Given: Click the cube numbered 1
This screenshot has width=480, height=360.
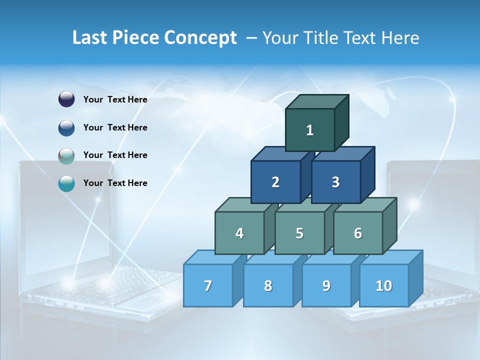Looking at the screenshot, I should [310, 130].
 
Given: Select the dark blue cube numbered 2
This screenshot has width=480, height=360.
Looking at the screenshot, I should [275, 182].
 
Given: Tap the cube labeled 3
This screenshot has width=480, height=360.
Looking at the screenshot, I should [335, 182].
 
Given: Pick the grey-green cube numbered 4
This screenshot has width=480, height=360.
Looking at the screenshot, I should [239, 233].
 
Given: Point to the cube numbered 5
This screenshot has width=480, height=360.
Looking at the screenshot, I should [299, 233].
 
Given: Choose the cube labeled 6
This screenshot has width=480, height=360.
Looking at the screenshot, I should [358, 233].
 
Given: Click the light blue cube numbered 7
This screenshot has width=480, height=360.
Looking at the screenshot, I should [208, 285].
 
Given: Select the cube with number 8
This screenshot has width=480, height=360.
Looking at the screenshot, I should [268, 285].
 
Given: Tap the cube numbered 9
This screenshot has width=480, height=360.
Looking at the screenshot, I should [326, 285].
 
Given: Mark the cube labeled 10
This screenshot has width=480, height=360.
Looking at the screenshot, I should [383, 285].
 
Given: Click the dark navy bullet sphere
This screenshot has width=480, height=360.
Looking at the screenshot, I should [66, 99].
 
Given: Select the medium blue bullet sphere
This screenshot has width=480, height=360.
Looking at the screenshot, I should [66, 127].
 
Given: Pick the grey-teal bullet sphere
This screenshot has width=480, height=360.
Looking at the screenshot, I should [66, 155].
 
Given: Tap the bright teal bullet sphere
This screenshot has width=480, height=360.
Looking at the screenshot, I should [66, 183].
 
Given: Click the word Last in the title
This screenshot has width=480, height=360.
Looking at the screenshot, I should [90, 38].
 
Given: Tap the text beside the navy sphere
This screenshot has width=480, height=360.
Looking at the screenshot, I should [115, 99].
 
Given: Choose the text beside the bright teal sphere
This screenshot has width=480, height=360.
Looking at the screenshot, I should [115, 183].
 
